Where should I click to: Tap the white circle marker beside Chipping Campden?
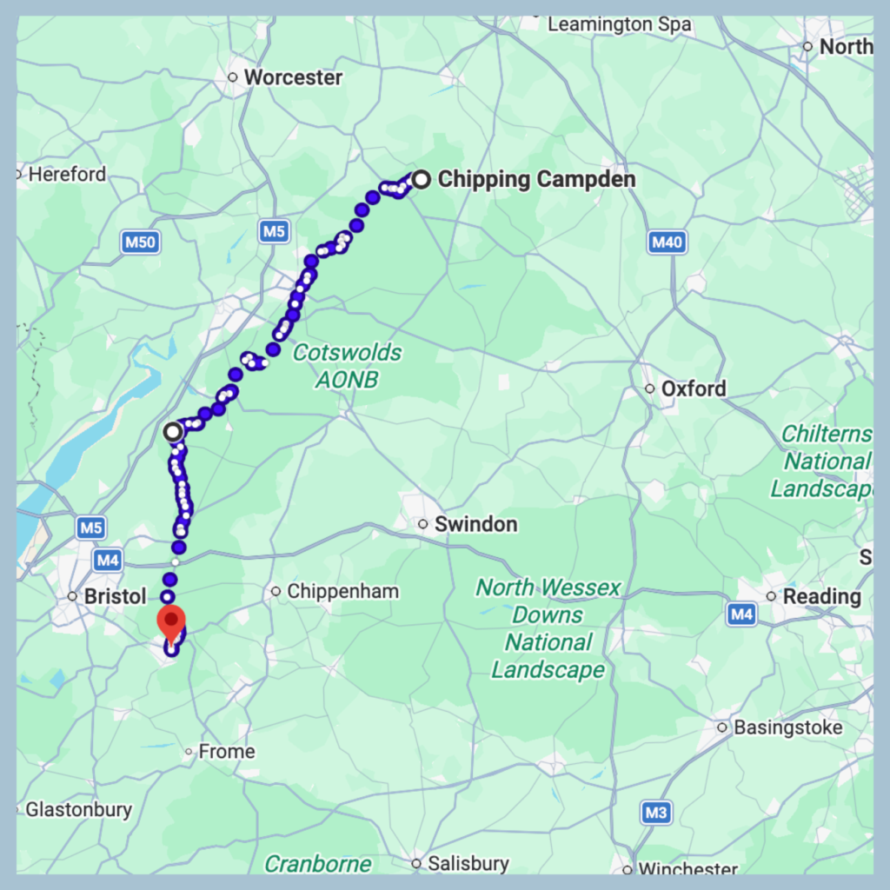coord(421,180)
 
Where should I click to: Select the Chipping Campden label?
coord(536,180)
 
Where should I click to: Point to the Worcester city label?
coord(293,77)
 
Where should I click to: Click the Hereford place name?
coord(67,175)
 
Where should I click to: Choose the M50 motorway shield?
coord(140,242)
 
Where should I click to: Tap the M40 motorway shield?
coord(667,242)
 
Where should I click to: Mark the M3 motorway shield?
coord(656,814)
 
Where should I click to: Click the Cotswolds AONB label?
coord(347,366)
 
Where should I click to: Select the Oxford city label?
coord(693,389)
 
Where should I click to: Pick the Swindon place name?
coord(475,524)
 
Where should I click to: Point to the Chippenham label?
coord(342,592)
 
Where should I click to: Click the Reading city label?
coord(821,597)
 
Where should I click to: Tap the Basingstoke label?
coord(787,727)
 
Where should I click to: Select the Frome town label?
coord(227,752)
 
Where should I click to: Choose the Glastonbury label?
coord(78,810)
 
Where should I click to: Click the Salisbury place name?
coord(471,864)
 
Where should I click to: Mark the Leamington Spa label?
coord(619,25)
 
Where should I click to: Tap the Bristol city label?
coord(116,597)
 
